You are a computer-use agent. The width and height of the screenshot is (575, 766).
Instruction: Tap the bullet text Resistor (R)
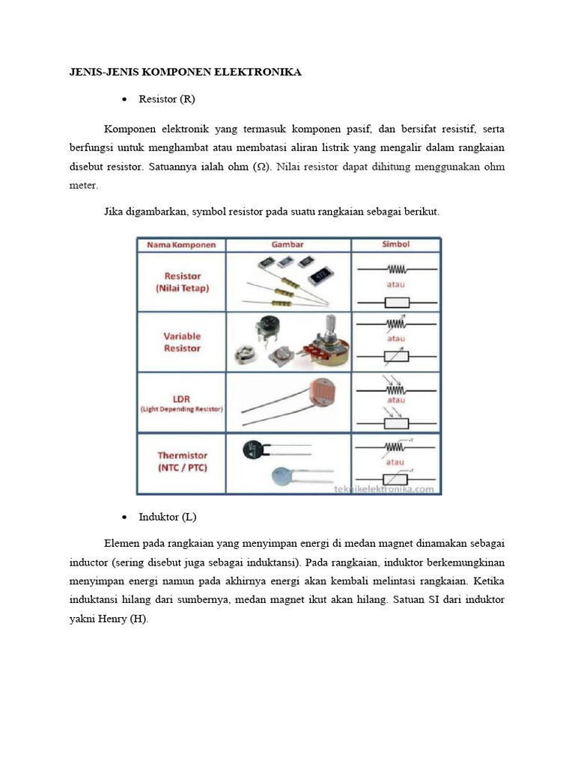point(167,99)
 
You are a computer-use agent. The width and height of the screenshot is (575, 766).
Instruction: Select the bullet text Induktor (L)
point(167,517)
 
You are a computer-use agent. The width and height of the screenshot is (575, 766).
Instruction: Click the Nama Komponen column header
point(181,245)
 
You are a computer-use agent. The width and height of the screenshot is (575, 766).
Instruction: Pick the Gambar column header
point(287,245)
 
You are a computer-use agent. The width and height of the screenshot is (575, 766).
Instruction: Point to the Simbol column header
point(396,245)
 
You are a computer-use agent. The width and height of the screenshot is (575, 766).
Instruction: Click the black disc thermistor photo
point(252,449)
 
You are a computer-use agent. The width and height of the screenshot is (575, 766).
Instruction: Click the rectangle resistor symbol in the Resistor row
point(396,301)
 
